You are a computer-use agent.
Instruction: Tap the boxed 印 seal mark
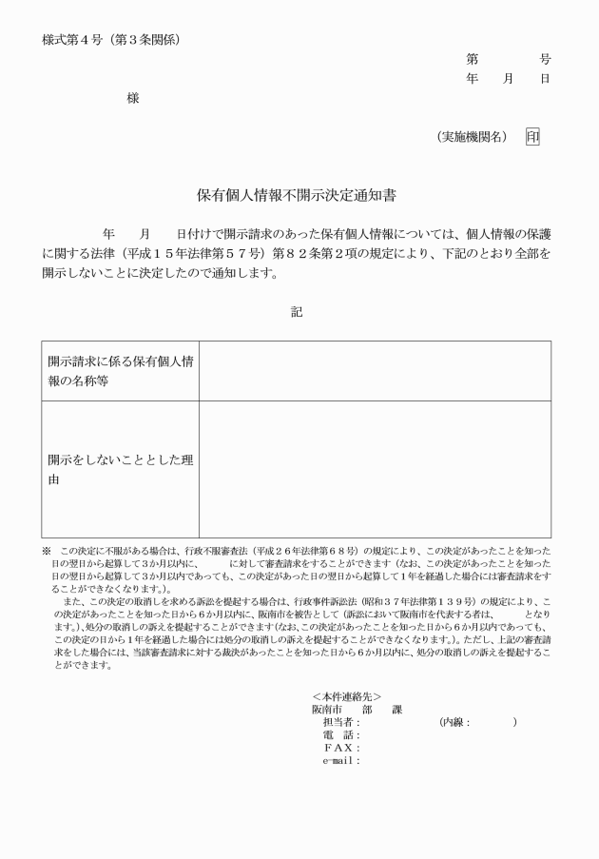tap(532, 137)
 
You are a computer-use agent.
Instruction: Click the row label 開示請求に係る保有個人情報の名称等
tap(120, 370)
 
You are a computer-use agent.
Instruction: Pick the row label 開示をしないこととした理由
tap(120, 469)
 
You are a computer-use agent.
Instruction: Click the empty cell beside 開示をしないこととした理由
tap(375, 469)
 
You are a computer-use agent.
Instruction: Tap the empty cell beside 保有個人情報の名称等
tap(375, 370)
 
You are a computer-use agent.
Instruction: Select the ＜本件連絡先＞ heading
tap(346, 697)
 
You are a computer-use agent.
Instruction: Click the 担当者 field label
tap(341, 722)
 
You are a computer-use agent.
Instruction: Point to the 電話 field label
tap(341, 734)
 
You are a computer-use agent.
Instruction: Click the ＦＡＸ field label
tap(341, 747)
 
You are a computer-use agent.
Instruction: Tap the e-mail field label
tap(341, 759)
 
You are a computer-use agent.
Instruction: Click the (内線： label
tap(455, 722)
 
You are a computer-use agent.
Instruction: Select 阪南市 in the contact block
tap(326, 710)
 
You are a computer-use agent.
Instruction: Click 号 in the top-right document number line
tap(545, 59)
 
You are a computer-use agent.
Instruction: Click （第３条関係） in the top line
tap(146, 40)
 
